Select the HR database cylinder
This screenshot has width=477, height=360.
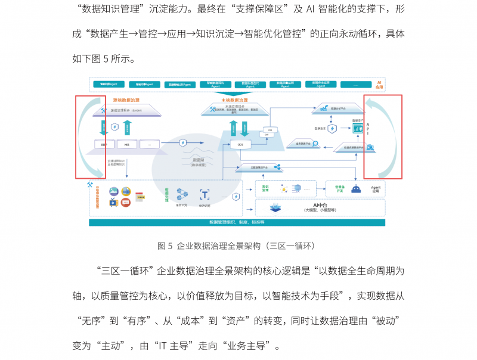[x=126, y=144]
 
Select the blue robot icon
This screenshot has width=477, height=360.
[x=356, y=189]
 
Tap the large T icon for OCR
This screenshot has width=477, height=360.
[x=205, y=195]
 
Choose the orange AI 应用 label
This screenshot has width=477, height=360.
[x=378, y=84]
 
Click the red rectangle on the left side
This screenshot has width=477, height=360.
[x=90, y=136]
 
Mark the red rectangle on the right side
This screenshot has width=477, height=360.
[x=383, y=136]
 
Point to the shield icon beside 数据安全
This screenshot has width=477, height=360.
[x=332, y=128]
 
